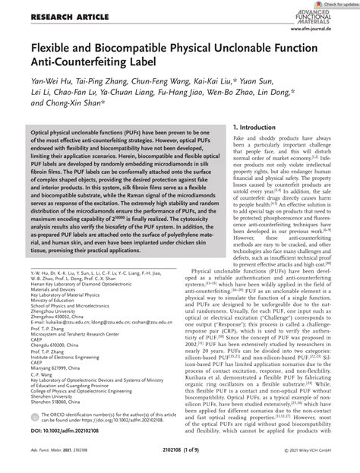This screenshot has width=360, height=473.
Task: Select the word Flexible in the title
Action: (x=46, y=49)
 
